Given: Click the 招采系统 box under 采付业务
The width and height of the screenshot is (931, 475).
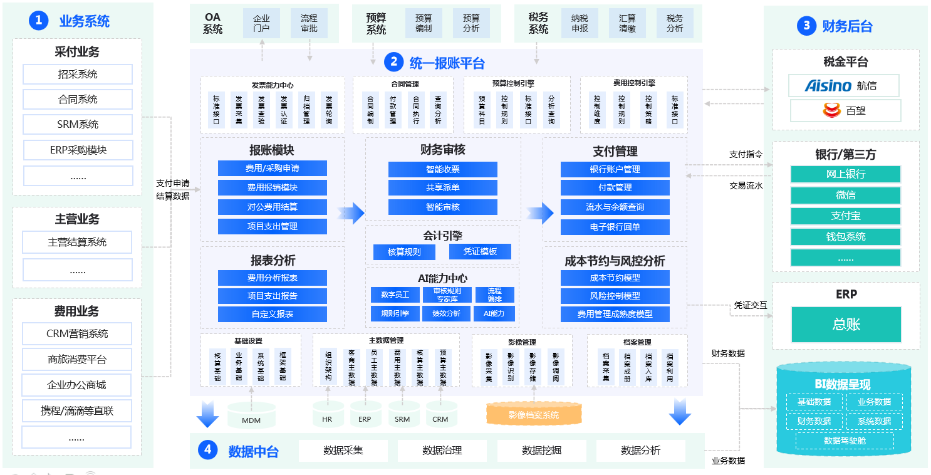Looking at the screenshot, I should tap(78, 74).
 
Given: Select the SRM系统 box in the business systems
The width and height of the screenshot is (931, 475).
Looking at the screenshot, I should tap(78, 124).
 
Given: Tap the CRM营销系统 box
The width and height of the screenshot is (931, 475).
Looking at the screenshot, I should tap(78, 334).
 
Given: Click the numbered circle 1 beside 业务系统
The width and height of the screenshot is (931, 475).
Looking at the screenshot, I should tap(39, 21).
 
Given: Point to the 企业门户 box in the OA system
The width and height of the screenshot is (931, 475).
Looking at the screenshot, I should tap(261, 23).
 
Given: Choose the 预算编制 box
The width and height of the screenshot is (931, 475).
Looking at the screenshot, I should tap(424, 23).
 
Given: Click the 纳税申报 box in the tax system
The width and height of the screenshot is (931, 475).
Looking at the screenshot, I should tap(580, 23).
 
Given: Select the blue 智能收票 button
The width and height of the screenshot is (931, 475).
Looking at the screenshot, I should tap(442, 169).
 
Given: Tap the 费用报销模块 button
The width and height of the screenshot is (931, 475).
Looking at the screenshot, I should tap(273, 187).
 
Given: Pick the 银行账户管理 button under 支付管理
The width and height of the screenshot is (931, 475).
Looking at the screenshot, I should tap(615, 169).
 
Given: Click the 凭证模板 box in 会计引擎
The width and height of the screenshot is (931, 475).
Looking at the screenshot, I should tap(480, 252).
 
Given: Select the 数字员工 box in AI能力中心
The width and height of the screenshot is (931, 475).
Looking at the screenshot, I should tap(395, 295).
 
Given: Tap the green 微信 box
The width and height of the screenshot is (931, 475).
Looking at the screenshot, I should tap(845, 195).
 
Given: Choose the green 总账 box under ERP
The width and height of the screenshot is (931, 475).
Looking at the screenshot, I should tap(846, 324).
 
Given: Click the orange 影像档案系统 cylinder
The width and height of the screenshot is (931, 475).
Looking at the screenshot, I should tap(534, 415).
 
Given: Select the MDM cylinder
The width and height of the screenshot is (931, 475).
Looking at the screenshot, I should tap(251, 418).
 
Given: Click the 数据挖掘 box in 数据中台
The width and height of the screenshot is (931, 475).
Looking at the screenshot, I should tap(541, 451).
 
